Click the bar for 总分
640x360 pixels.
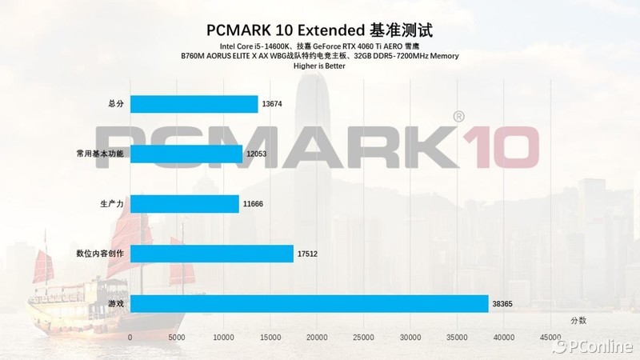[194, 104]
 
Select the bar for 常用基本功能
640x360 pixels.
[186, 154]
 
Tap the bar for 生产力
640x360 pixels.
[184, 204]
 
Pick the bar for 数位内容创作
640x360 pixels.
[211, 254]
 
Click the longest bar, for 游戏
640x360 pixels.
[309, 304]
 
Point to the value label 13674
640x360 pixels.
[272, 104]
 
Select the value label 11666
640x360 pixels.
[253, 204]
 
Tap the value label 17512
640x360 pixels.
[307, 254]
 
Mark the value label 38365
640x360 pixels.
[502, 304]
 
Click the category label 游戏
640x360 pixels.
[115, 304]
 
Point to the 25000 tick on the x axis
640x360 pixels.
[364, 338]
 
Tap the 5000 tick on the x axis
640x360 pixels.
[177, 338]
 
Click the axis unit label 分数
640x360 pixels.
[578, 320]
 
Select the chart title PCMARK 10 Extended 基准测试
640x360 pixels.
[320, 30]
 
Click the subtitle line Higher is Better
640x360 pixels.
[320, 66]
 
